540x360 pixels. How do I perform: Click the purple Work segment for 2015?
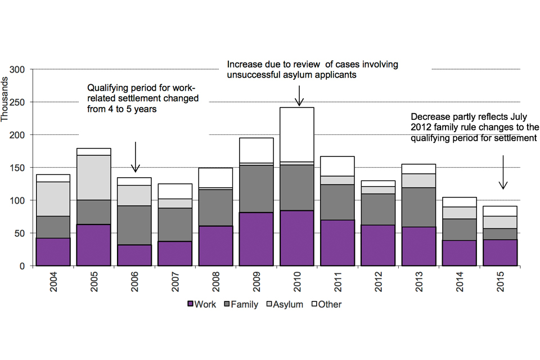(x=499, y=253)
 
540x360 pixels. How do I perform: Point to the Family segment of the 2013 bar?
(x=418, y=207)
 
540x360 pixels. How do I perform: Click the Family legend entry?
(x=244, y=304)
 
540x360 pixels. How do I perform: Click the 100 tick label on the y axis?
(x=21, y=200)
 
